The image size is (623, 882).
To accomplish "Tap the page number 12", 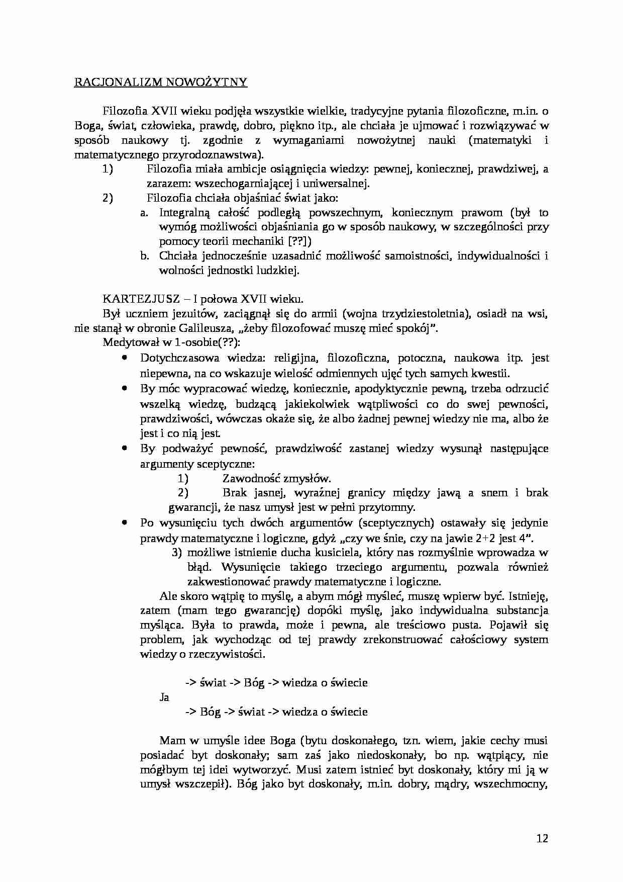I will pyautogui.click(x=542, y=838).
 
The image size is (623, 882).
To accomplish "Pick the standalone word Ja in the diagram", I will pyautogui.click(x=164, y=697).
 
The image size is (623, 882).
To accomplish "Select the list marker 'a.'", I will pyautogui.click(x=145, y=212).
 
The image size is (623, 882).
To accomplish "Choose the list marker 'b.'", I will pyautogui.click(x=145, y=256).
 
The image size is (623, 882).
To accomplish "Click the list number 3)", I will pyautogui.click(x=176, y=553).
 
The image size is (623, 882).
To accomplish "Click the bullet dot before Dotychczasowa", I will pyautogui.click(x=125, y=358).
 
